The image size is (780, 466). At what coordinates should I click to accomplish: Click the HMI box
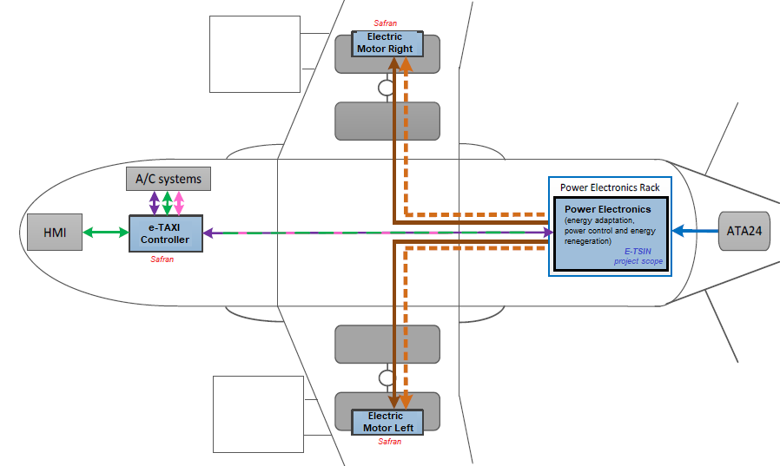point(55,232)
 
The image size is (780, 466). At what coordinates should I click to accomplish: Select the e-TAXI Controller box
point(165,233)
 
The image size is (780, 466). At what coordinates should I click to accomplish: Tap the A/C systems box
point(169,180)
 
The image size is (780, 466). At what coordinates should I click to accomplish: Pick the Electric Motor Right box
point(386,43)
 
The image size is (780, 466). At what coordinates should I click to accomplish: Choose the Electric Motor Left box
point(386,422)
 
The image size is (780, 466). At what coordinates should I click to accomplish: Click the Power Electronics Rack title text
point(610,187)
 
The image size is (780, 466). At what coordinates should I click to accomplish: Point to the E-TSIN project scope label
point(638,255)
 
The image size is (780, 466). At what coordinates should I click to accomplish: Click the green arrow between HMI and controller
point(106,232)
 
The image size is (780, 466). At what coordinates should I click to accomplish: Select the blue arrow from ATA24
point(695,231)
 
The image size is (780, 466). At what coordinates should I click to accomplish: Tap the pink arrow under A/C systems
point(179,203)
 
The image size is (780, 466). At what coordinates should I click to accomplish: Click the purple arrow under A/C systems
point(155,203)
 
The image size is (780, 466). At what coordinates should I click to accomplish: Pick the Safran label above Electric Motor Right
point(387,24)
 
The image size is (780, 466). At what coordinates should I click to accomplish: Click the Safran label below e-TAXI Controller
point(163,259)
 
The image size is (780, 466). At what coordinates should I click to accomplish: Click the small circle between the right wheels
point(387,88)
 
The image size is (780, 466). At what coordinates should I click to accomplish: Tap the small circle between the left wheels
point(387,378)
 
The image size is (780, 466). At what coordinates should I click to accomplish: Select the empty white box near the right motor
point(254,53)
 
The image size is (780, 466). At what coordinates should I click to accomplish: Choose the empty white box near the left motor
point(256,414)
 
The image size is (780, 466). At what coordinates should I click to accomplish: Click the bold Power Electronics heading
point(607,209)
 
